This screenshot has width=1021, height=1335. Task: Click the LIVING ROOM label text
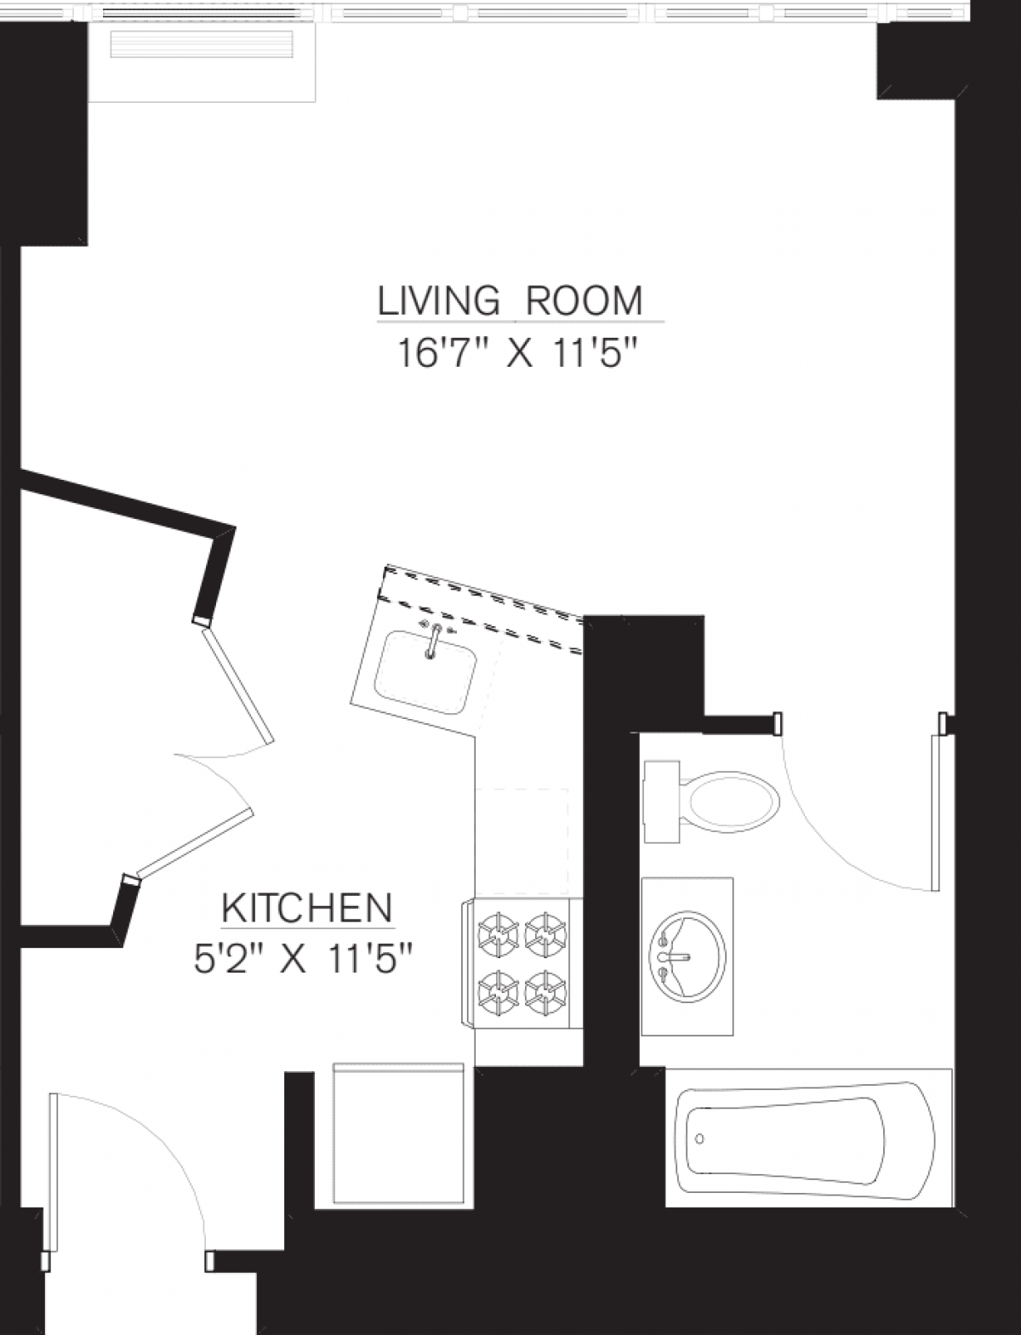tap(510, 301)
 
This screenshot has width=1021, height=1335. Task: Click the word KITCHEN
tap(307, 909)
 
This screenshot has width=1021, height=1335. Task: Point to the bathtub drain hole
tap(700, 1138)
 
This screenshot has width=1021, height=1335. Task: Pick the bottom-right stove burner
tap(545, 991)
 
